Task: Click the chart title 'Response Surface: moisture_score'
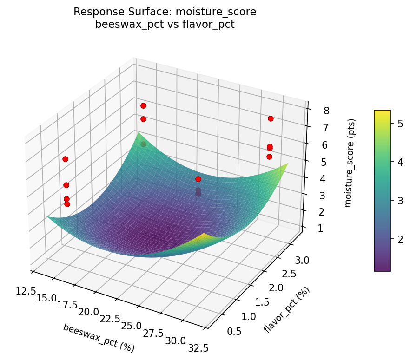tap(165, 12)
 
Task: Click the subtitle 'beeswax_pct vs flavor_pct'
tap(165, 25)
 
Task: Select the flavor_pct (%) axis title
tap(286, 310)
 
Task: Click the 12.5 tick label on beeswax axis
tap(26, 291)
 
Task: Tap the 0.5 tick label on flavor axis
tap(234, 331)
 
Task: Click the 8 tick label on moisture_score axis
tap(327, 111)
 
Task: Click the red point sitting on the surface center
tap(198, 179)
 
